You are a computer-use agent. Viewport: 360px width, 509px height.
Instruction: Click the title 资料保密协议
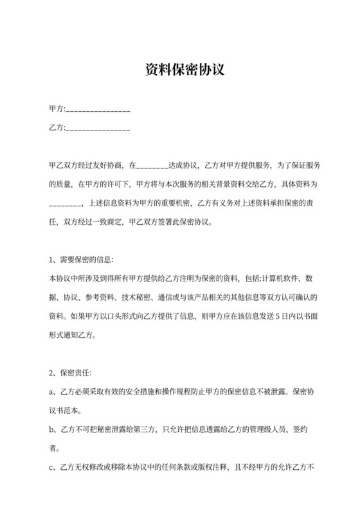180,70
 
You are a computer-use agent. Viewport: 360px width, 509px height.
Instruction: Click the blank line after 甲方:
98,110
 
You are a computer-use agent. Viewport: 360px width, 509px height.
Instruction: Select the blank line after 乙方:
98,128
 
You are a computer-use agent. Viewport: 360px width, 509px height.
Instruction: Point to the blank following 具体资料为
65,205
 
